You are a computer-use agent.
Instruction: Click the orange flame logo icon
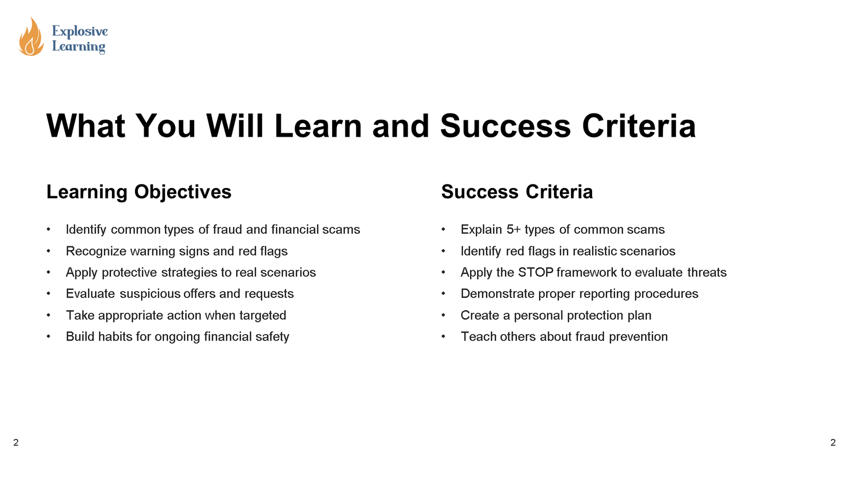coord(31,37)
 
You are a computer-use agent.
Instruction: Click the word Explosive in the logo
coord(80,31)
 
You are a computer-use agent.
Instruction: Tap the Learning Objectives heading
coord(138,192)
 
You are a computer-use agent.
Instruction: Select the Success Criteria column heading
coord(517,192)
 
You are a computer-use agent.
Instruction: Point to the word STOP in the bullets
coord(535,272)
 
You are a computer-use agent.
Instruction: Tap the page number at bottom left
coord(16,442)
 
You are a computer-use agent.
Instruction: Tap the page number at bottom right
coord(833,442)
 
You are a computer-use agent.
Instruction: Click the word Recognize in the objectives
coord(96,251)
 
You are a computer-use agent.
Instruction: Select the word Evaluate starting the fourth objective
coord(90,294)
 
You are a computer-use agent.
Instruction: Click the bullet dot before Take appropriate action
coord(48,315)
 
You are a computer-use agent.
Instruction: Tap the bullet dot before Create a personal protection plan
coord(443,315)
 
